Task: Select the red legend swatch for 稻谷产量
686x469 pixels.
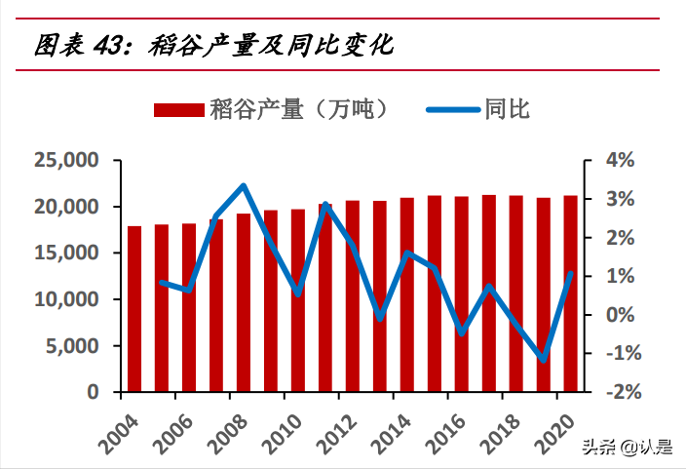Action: tap(179, 109)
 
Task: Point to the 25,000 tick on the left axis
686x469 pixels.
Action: tap(65, 160)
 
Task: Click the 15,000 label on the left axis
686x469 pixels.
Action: tap(65, 253)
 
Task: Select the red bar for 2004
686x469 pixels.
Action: tap(134, 309)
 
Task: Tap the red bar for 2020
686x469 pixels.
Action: tap(570, 293)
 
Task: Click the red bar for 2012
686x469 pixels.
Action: tap(353, 296)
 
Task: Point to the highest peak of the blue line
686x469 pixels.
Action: tap(244, 185)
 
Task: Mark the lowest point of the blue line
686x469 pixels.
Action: tap(544, 360)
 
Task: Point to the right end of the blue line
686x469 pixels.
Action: tap(570, 274)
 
